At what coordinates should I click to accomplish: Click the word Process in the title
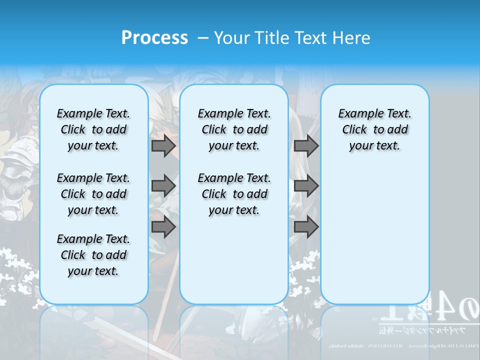coord(154,38)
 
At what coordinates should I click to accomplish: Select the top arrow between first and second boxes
coord(163,145)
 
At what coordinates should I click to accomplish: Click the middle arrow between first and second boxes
coord(163,186)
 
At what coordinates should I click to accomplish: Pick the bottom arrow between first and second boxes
coord(163,227)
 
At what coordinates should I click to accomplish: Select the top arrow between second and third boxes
coord(306,145)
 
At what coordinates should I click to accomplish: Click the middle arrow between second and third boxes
coord(306,186)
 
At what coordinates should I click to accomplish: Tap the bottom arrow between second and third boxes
coord(306,227)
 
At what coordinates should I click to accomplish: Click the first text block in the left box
coord(93,129)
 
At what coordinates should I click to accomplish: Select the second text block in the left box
coord(93,194)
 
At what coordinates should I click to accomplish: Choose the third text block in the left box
coord(93,255)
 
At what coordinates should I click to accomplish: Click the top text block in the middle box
coord(234,129)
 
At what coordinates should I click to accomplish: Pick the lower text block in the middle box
coord(234,194)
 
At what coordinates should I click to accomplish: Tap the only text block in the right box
coord(374,129)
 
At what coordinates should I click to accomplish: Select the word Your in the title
coord(232,38)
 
